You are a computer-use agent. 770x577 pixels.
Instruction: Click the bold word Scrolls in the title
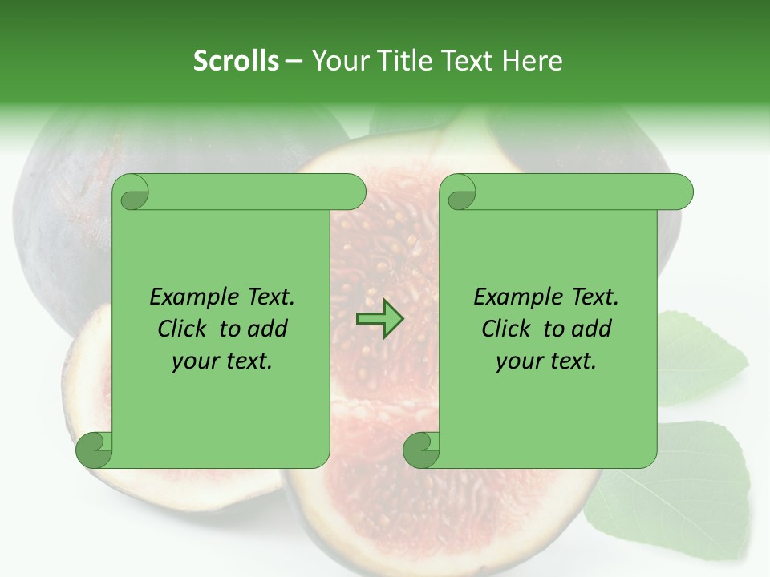point(236,61)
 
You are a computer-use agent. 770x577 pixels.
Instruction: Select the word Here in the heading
point(533,61)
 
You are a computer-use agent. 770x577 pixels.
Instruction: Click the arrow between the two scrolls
point(380,319)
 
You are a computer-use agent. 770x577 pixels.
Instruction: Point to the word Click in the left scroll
point(183,329)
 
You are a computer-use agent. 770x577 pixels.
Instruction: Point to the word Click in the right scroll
point(507,329)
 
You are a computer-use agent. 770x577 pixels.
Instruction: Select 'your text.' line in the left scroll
point(222,361)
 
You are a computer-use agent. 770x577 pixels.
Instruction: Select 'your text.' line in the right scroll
point(546,361)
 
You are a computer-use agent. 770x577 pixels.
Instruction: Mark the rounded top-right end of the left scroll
point(354,192)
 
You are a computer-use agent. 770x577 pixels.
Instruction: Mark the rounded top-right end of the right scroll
point(681,192)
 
